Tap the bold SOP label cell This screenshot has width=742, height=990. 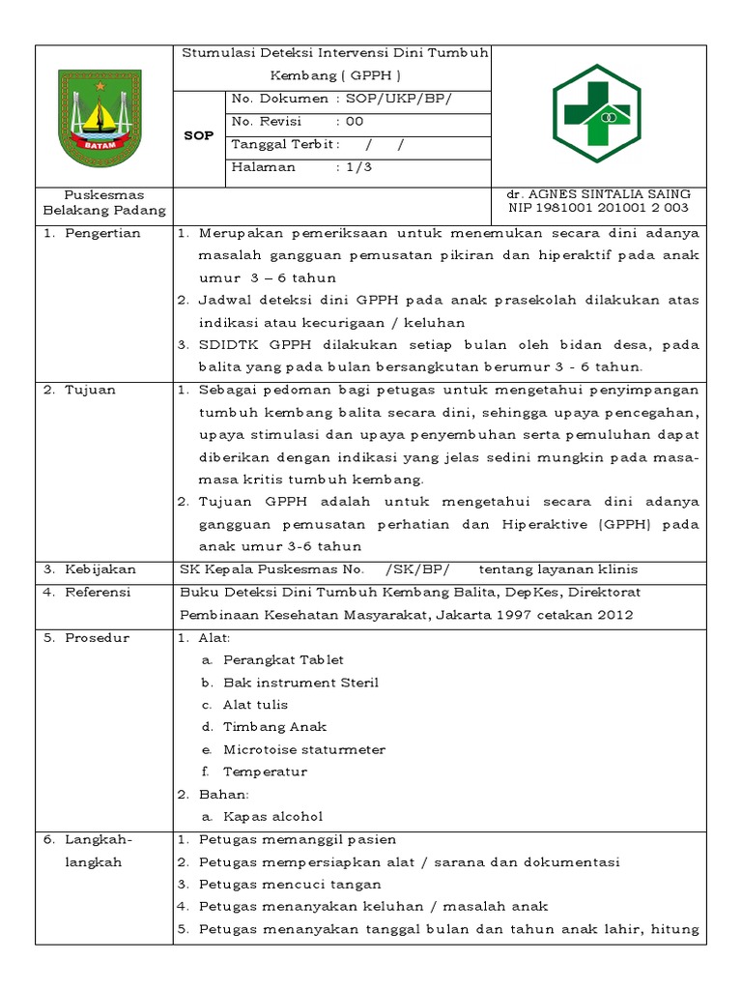pyautogui.click(x=198, y=135)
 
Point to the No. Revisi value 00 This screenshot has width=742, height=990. pyautogui.click(x=354, y=122)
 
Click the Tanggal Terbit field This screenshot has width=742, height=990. pyautogui.click(x=318, y=144)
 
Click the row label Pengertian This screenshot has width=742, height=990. pyautogui.click(x=102, y=233)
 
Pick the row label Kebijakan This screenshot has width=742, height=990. pyautogui.click(x=100, y=569)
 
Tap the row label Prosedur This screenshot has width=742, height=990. pyautogui.click(x=97, y=638)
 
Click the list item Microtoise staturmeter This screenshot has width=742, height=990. pyautogui.click(x=303, y=749)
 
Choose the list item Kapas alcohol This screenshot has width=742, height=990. pyautogui.click(x=272, y=816)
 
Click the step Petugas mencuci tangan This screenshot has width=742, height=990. pyautogui.click(x=290, y=884)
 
